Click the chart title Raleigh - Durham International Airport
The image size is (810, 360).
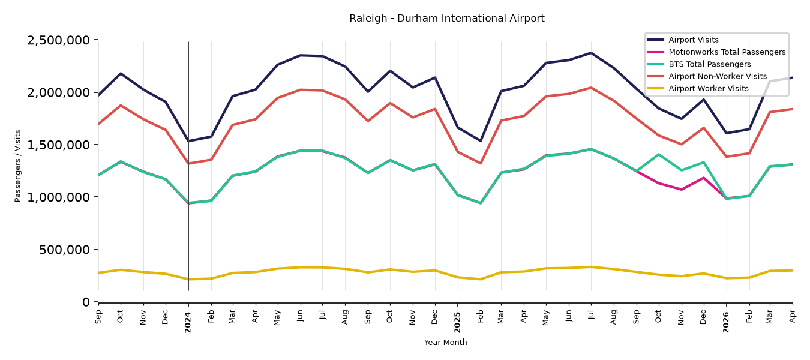[x=446, y=18]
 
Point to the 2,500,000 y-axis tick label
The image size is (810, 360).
[x=58, y=40]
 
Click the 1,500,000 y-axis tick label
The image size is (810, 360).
[x=58, y=145]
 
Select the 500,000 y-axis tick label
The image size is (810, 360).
[x=64, y=250]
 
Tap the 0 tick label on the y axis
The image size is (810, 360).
[x=86, y=302]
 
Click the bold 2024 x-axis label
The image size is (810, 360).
[x=188, y=322]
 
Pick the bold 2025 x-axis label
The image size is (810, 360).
[x=457, y=322]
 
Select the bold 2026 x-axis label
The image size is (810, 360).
[x=727, y=322]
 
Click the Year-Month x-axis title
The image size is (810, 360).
[x=445, y=342]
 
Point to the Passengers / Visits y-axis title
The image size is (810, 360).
[x=18, y=166]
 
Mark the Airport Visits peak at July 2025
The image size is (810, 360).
[x=591, y=53]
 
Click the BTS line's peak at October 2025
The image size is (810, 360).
[x=659, y=154]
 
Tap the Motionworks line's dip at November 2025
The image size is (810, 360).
[x=681, y=190]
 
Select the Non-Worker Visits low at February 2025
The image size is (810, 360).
[x=480, y=163]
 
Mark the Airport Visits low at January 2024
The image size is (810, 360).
[x=188, y=141]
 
